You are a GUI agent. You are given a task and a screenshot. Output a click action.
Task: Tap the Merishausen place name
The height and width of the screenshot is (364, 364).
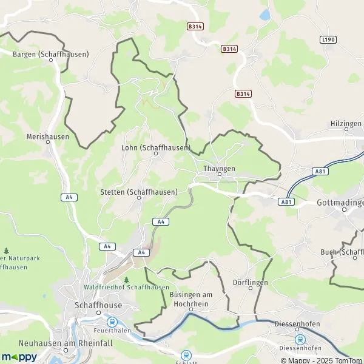48,137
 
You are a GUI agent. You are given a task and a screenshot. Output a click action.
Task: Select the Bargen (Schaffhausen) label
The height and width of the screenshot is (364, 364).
50,54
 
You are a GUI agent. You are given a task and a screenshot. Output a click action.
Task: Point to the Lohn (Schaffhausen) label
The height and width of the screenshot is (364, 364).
155,147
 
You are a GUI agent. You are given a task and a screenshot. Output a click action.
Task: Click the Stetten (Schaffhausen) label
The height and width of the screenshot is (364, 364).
138,192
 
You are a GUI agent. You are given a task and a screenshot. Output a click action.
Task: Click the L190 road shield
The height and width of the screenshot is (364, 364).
328,39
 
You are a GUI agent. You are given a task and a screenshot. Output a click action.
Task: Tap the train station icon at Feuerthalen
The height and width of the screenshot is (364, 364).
112,322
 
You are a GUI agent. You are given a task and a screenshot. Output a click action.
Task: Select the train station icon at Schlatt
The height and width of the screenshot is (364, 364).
187,355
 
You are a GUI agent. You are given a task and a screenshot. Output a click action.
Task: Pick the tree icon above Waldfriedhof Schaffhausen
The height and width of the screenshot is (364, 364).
127,280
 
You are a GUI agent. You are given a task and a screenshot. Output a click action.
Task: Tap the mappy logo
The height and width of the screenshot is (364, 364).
18,357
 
